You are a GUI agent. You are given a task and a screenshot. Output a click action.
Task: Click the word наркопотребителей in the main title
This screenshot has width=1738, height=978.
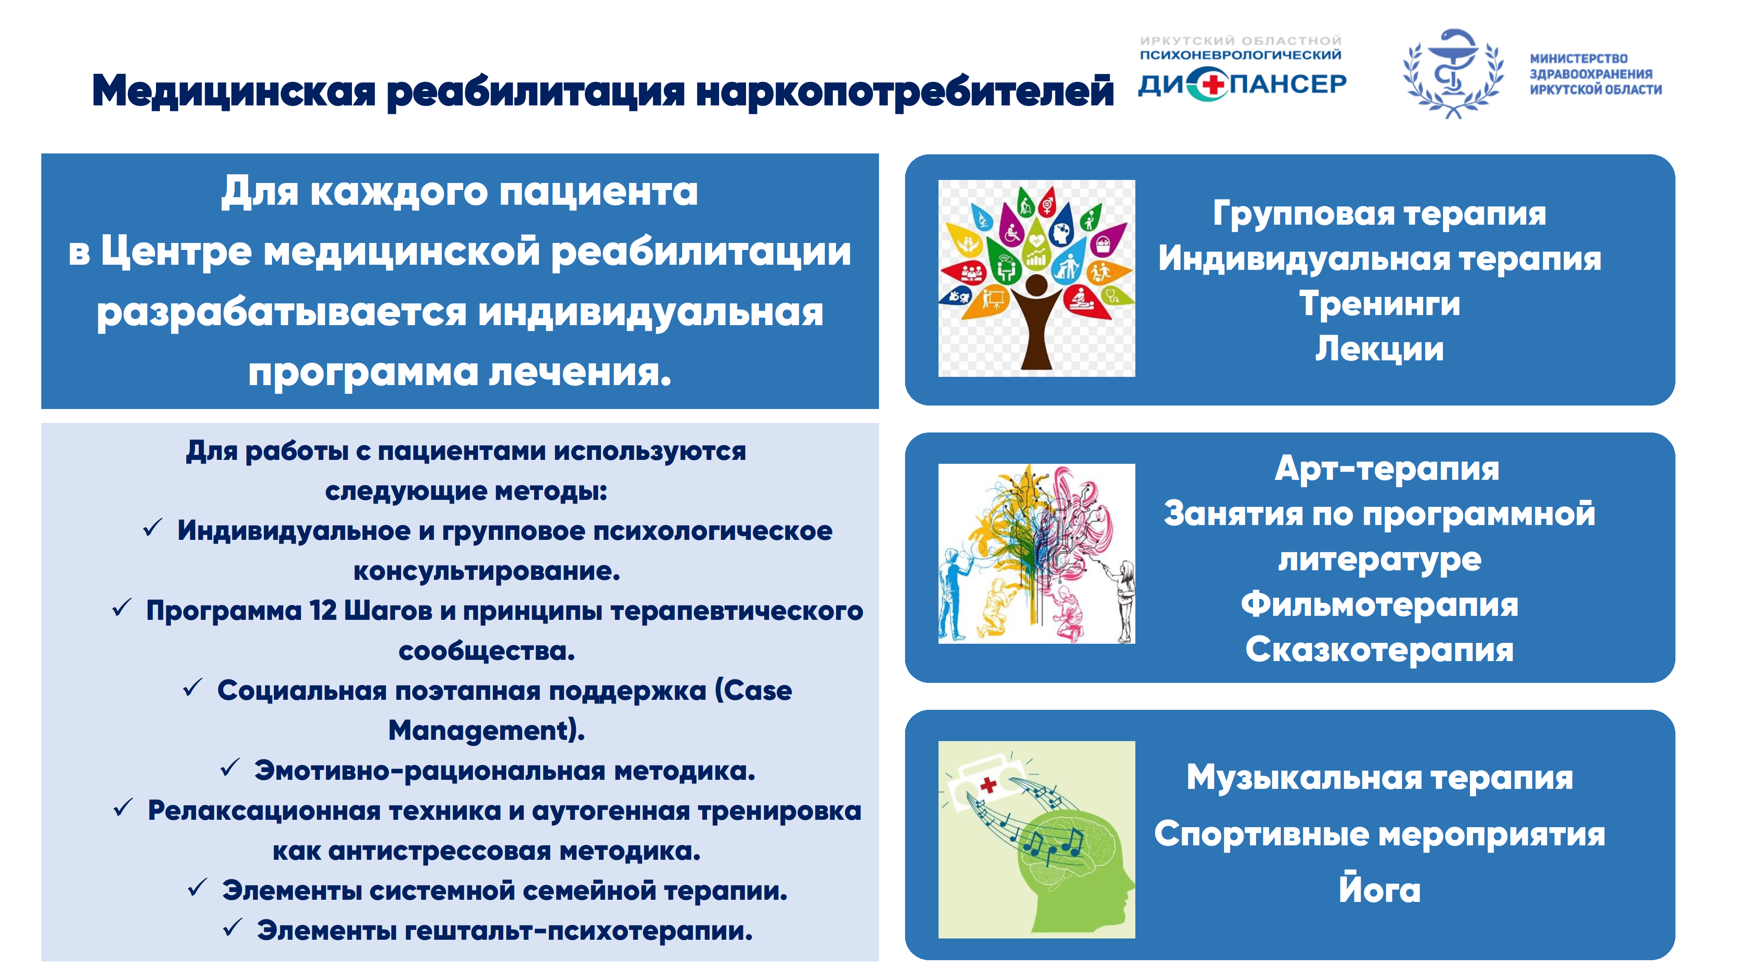(x=904, y=92)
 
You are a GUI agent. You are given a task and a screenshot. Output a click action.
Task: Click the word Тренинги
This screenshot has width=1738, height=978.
(x=1379, y=304)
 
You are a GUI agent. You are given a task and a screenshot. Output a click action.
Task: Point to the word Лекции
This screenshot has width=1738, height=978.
(x=1379, y=349)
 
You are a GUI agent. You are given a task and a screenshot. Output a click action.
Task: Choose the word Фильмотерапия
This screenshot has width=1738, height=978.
(x=1379, y=605)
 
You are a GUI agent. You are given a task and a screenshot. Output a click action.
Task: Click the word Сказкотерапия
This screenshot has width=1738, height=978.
(x=1379, y=650)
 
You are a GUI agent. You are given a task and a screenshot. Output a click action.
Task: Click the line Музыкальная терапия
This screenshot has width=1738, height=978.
(x=1379, y=778)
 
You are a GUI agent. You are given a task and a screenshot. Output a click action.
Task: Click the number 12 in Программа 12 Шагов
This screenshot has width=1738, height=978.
(x=322, y=610)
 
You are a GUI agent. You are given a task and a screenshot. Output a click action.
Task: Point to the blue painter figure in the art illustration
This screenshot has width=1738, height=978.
(x=954, y=594)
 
